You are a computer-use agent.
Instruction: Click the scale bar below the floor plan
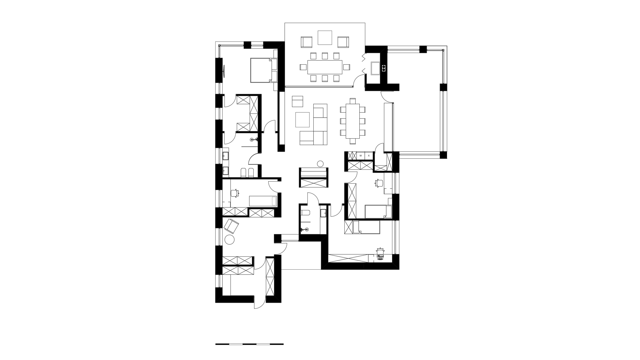pyautogui.click(x=249, y=344)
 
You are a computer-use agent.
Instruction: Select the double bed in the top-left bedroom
pyautogui.click(x=264, y=70)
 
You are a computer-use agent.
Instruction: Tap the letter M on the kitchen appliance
pyautogui.click(x=361, y=156)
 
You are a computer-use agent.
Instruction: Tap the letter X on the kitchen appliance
pyautogui.click(x=369, y=156)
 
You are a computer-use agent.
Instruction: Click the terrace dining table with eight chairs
pyautogui.click(x=325, y=67)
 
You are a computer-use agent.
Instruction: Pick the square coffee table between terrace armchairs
pyautogui.click(x=325, y=38)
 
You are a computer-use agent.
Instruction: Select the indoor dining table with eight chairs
pyautogui.click(x=353, y=121)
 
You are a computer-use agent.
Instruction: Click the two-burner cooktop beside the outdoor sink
pyautogui.click(x=384, y=68)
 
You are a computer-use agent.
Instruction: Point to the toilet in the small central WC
pyautogui.click(x=305, y=213)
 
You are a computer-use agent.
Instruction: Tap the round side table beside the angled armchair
pyautogui.click(x=230, y=239)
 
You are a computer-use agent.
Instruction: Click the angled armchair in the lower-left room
pyautogui.click(x=231, y=226)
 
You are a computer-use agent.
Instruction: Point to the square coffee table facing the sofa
pyautogui.click(x=303, y=120)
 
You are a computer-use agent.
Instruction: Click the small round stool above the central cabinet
pyautogui.click(x=320, y=164)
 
